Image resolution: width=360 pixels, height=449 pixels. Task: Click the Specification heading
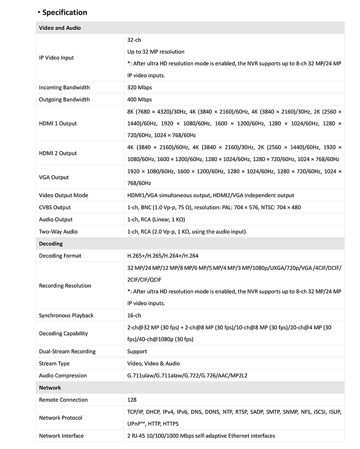tap(64, 12)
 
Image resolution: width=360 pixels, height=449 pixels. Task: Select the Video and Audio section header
tap(60, 28)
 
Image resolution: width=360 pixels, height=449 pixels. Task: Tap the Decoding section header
tap(51, 244)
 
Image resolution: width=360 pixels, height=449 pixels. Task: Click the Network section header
tap(50, 388)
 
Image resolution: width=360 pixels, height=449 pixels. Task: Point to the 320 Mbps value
tap(139, 87)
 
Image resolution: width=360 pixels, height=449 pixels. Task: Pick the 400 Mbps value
tap(139, 100)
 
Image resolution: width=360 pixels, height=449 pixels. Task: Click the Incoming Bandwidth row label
tap(64, 87)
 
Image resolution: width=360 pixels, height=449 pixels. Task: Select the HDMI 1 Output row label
tap(58, 123)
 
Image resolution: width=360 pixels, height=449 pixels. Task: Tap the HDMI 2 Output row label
tap(58, 153)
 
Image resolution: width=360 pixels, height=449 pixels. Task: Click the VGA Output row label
tap(54, 177)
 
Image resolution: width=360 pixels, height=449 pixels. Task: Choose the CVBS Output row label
tap(55, 208)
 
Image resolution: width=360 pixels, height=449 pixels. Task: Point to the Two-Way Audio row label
tap(58, 231)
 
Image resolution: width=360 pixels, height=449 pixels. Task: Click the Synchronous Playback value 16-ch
tap(134, 316)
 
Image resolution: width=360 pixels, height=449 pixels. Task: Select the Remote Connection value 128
tap(132, 400)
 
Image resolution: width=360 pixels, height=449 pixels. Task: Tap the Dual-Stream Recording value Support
tap(137, 352)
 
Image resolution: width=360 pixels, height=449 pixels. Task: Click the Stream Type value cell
tap(153, 363)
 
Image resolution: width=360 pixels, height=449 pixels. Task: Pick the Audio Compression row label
tap(63, 376)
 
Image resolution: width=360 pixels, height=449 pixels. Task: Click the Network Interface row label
tap(61, 435)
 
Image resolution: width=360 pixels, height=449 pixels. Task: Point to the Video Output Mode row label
tap(63, 195)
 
